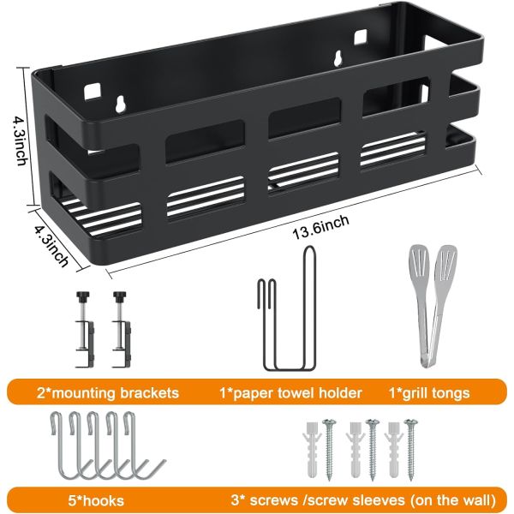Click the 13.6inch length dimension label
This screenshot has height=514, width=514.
coord(320,226)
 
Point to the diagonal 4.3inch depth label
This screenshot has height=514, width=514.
coord(51,243)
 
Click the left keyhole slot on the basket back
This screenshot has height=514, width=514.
coord(120,104)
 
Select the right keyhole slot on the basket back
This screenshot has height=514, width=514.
coord(338,59)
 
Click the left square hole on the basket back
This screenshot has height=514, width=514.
coord(93,91)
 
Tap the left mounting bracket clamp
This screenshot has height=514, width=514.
coord(85,329)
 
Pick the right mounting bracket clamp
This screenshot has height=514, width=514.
coord(122,329)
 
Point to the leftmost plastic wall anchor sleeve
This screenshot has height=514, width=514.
coord(311,449)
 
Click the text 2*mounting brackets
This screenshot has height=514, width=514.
coord(108,392)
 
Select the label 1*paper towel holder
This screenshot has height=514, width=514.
coord(290,392)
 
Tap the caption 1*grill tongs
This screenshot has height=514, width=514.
coord(429,392)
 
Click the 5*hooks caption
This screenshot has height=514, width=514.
coord(96,501)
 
